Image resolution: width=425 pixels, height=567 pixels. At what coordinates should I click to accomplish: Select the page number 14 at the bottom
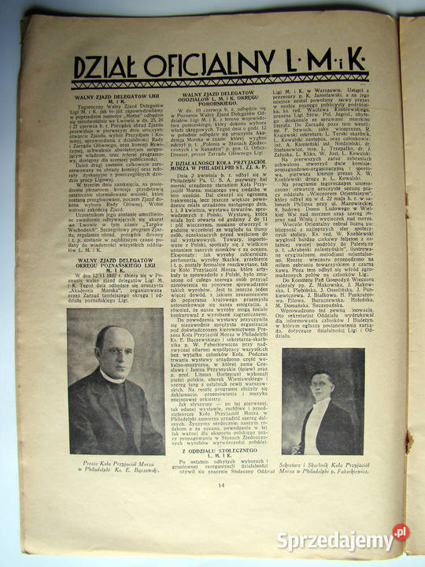click(x=221, y=506)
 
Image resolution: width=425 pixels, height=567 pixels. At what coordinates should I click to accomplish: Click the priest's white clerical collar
click(x=114, y=378)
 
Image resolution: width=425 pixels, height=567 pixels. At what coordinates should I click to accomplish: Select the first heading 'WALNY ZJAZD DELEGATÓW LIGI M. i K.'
click(x=116, y=97)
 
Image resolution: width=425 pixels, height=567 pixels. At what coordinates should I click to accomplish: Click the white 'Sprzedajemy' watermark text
click(x=334, y=541)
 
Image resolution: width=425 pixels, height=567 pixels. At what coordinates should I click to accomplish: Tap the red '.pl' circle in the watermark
click(x=401, y=532)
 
